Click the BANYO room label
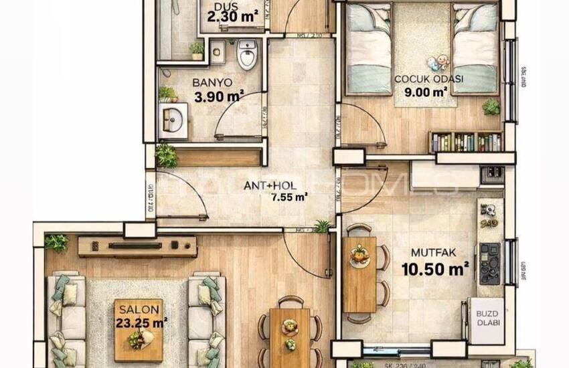click(x=212, y=83)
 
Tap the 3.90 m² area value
click(x=218, y=97)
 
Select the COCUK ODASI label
click(x=429, y=79)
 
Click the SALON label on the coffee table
click(x=139, y=310)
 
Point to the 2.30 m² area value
click(x=232, y=19)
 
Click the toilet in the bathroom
click(x=247, y=54)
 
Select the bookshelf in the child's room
click(x=466, y=141)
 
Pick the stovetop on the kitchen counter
click(x=489, y=263)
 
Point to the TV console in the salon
click(x=137, y=246)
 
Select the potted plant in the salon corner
click(x=56, y=242)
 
